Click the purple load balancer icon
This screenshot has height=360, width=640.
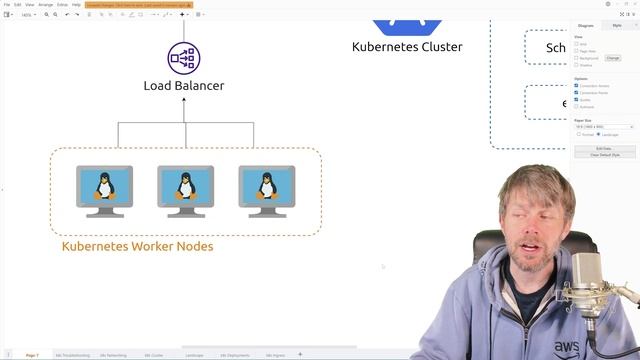tap(184, 58)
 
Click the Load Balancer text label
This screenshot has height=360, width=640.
tap(184, 86)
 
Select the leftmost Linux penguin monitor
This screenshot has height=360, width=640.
tap(104, 190)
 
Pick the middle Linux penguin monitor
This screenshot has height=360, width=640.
tap(185, 190)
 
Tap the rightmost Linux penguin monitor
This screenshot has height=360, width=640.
tap(266, 190)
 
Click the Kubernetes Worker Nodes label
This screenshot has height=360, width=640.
tap(137, 246)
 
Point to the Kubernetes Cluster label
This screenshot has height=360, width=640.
tap(407, 47)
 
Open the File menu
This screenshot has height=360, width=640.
tap(6, 4)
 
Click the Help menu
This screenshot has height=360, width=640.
tap(76, 4)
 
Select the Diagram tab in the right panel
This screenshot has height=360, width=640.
tap(586, 25)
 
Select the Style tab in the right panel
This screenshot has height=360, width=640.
tap(617, 25)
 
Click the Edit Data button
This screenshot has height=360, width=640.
tap(604, 148)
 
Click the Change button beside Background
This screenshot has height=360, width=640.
tap(613, 58)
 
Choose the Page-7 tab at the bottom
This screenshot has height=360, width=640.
tap(32, 355)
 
